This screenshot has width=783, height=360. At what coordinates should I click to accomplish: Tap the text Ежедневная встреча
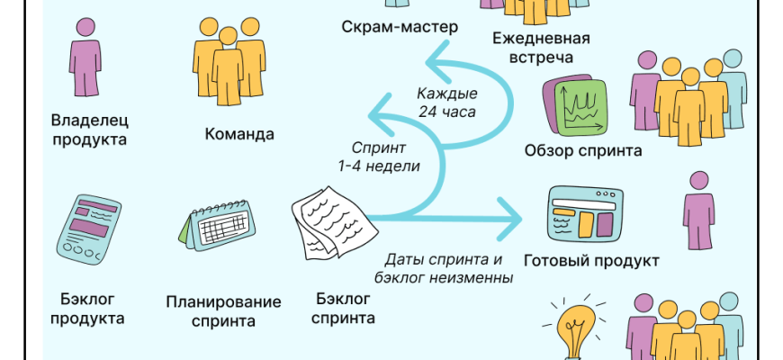541,49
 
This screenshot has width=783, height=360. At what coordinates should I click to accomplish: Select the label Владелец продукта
89,129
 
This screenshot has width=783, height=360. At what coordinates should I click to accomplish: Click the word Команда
238,134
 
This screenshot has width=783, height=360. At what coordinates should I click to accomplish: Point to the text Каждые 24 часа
446,103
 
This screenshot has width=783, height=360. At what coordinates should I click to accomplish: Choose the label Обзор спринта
582,150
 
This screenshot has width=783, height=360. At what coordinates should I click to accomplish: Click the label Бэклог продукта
86,308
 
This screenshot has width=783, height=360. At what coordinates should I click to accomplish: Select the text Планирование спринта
223,310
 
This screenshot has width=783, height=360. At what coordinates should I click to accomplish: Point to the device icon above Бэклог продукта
88,228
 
